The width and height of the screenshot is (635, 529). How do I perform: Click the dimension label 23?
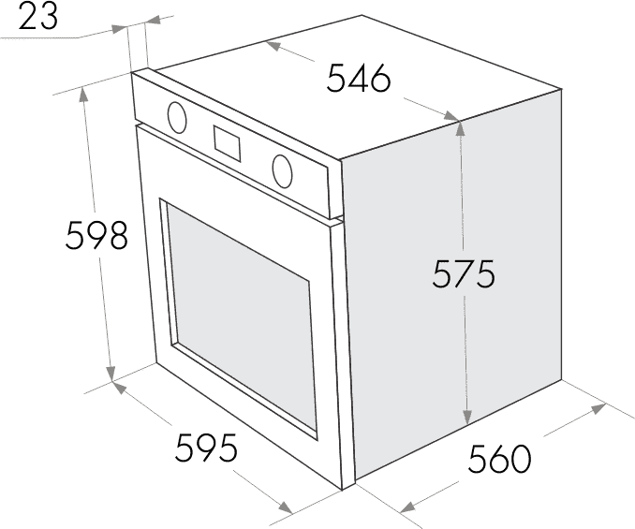coord(37,16)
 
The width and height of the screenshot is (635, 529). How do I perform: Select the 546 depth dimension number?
coord(359,79)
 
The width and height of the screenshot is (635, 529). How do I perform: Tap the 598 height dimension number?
coord(96,234)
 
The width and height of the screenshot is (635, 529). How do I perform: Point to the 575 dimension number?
coord(464,273)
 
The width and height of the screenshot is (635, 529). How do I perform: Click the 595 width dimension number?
coord(206,448)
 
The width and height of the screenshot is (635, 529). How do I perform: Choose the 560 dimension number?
coord(499,459)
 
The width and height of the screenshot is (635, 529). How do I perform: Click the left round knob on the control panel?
coord(177,117)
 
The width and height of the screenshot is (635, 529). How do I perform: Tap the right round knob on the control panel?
coord(282,171)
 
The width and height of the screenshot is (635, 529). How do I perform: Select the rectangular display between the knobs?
coord(228,144)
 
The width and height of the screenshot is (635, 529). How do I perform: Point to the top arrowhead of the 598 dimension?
coord(84,95)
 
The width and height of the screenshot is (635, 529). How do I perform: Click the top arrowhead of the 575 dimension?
coord(459,128)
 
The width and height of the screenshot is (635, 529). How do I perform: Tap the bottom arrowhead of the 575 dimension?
coord(467,417)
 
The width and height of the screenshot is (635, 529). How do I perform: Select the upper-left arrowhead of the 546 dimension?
coord(274,46)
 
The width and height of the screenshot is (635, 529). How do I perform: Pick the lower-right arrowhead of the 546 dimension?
coord(451,116)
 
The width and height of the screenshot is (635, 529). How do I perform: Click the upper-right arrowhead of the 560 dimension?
coord(598,408)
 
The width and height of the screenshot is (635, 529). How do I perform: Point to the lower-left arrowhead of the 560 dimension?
coord(407,507)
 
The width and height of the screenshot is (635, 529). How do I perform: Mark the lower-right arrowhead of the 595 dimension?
coord(286,507)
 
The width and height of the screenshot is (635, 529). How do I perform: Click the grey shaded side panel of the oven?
coord(451,284)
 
